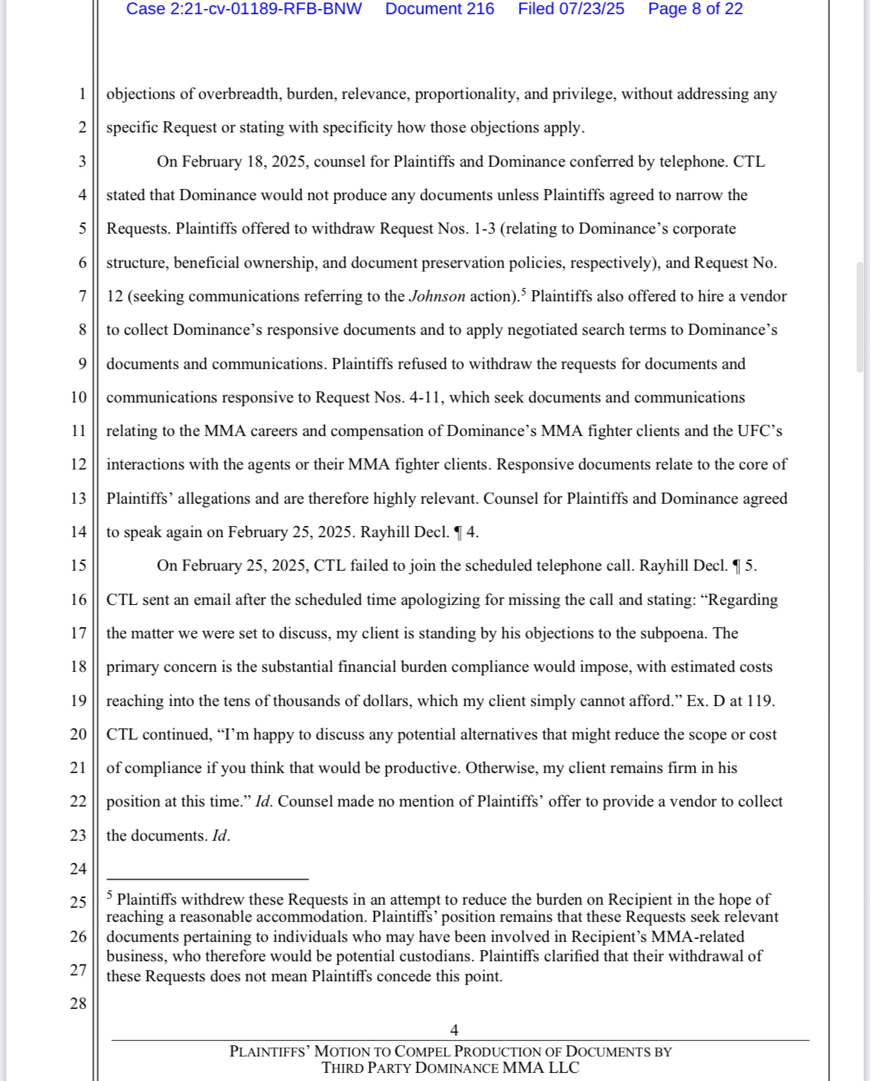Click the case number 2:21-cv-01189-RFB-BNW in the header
pos(244,9)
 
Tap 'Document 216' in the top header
pos(439,9)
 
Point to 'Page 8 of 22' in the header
pos(695,9)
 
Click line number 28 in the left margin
pos(78,1004)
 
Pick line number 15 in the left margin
pos(78,565)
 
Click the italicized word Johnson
pos(437,296)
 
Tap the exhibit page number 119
pos(759,701)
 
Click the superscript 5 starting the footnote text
pos(109,895)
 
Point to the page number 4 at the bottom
pos(454,1030)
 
